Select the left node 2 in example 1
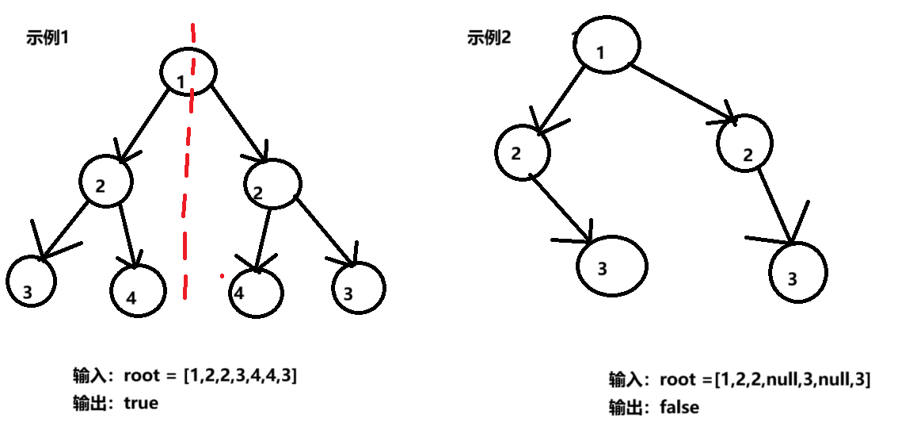[x=105, y=183]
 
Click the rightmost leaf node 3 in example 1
[x=358, y=289]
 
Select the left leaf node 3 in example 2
[x=611, y=267]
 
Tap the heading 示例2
[x=489, y=37]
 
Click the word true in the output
[x=141, y=403]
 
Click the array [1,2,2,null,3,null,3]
[x=793, y=380]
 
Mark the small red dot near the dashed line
[x=223, y=277]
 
